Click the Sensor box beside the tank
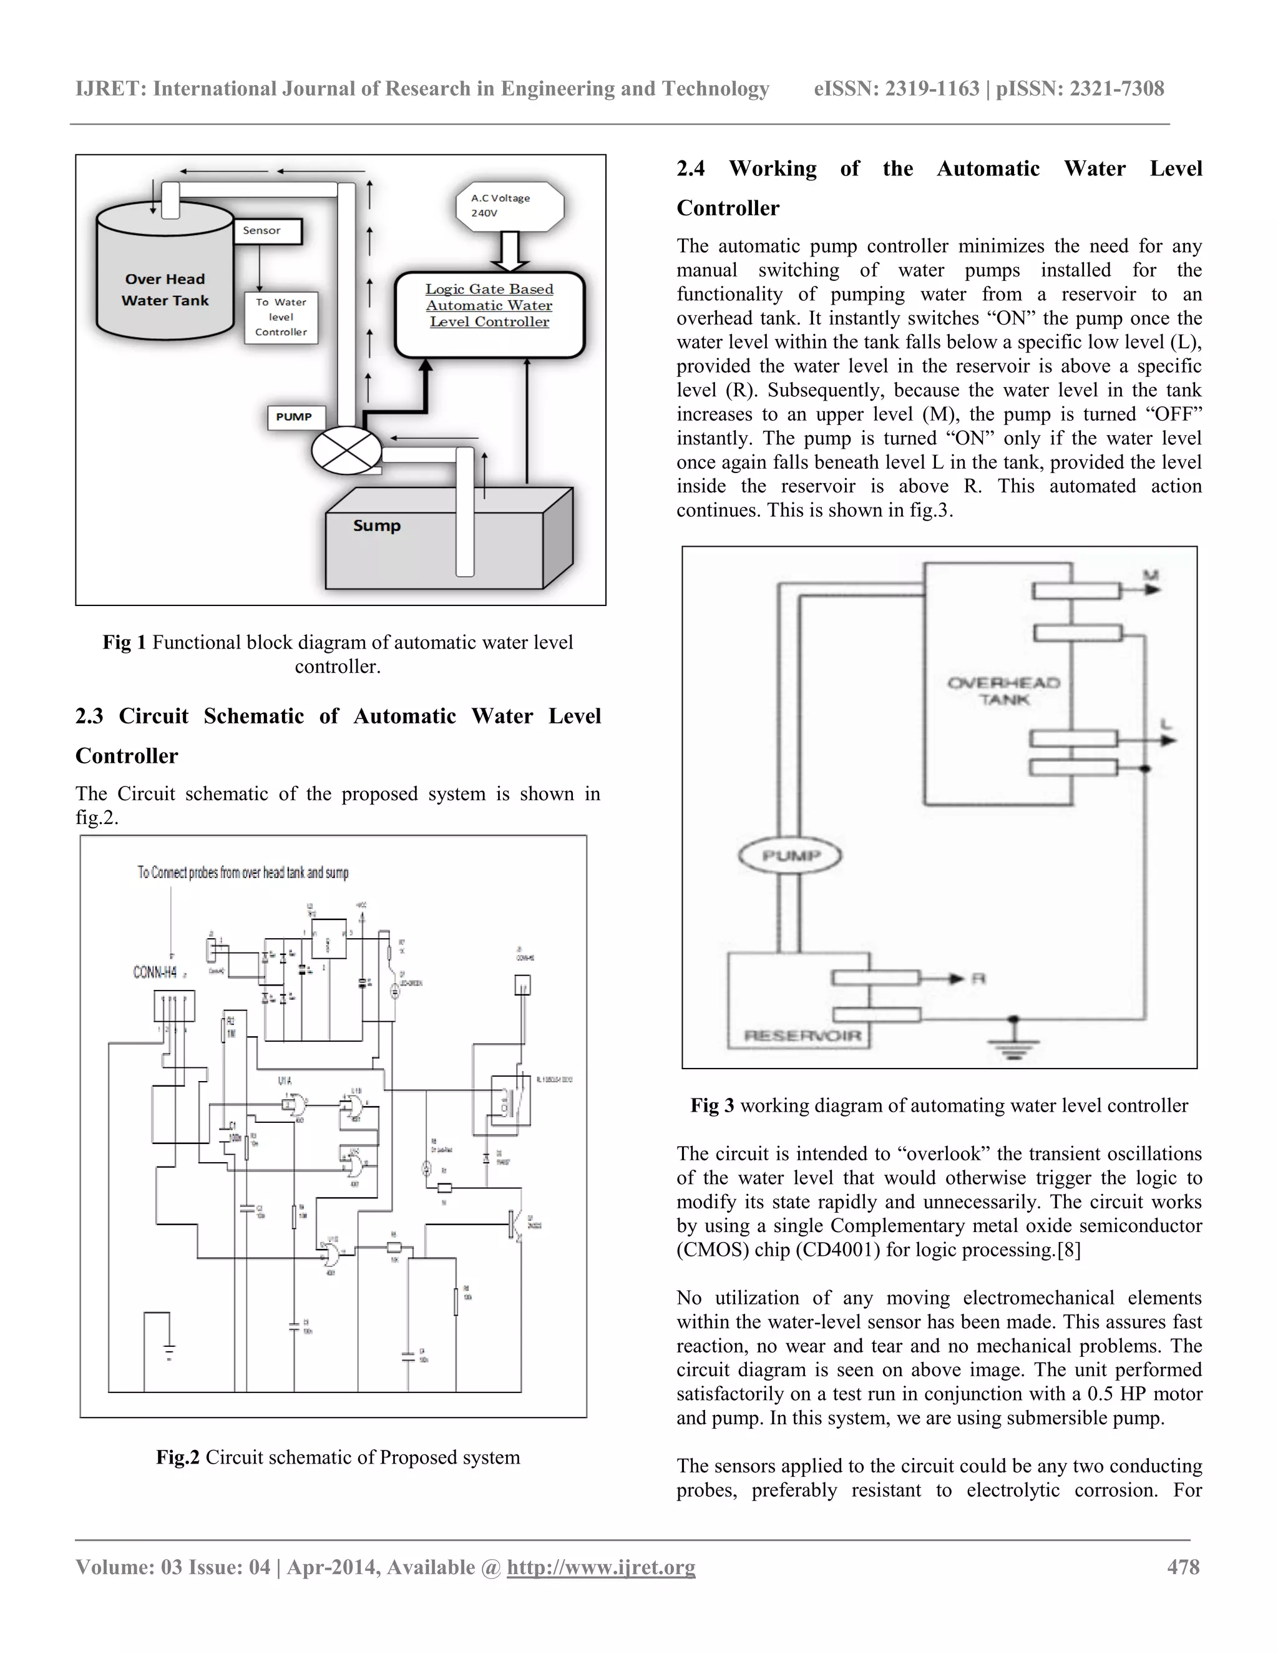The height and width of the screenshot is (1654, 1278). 267,231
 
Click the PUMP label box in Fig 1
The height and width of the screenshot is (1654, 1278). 295,418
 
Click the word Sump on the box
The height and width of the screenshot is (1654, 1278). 376,526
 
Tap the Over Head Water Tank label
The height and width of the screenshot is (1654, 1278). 165,290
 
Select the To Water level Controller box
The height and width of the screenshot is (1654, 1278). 281,317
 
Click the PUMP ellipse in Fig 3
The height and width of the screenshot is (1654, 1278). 789,856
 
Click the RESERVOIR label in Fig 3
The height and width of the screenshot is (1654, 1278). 802,1035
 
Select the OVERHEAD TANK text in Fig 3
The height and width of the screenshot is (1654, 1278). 1004,691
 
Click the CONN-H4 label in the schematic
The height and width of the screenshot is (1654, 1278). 155,972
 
